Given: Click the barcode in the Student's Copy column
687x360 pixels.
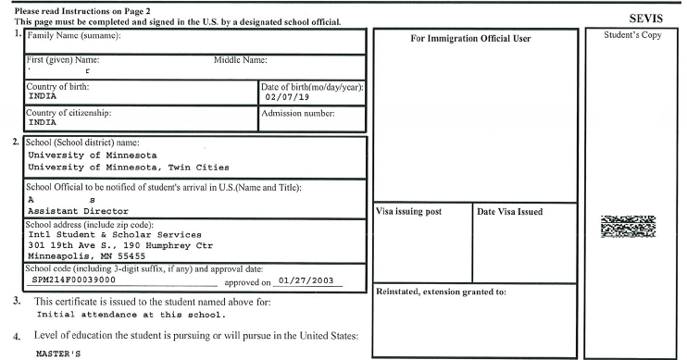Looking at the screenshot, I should point(629,228).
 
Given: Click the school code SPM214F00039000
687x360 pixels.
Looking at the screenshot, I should point(74,278).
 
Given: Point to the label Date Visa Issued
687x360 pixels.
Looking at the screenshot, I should point(509,212).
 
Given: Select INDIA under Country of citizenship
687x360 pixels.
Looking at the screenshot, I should point(43,121).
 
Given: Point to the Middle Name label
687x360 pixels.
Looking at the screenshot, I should point(240,60).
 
